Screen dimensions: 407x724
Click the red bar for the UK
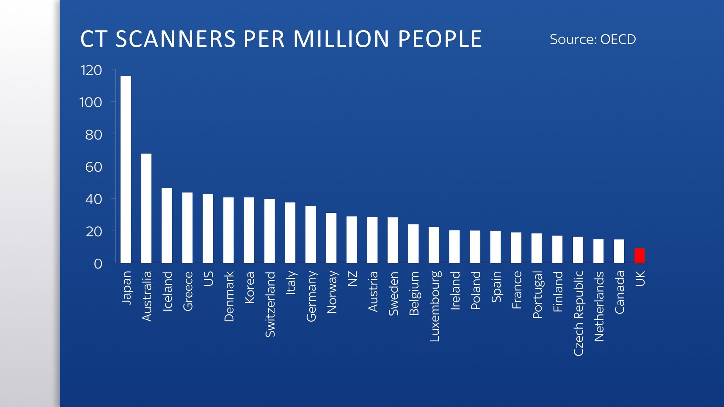click(640, 256)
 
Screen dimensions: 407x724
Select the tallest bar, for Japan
click(125, 170)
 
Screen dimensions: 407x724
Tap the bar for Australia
click(146, 208)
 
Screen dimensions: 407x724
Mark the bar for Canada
click(619, 251)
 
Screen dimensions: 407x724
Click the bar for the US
click(208, 228)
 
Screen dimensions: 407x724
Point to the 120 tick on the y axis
click(91, 70)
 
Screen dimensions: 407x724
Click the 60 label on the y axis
click(93, 167)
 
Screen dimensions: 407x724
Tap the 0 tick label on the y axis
click(98, 264)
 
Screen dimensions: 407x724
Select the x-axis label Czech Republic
click(578, 313)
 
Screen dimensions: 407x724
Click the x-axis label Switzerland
click(270, 304)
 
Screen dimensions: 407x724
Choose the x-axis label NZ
click(352, 278)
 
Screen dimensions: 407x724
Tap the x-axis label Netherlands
click(599, 306)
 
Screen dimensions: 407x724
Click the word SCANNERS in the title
click(175, 39)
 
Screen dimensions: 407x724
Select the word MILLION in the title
click(341, 39)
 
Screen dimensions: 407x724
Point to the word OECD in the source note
click(618, 39)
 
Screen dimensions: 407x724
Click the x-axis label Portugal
click(537, 295)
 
